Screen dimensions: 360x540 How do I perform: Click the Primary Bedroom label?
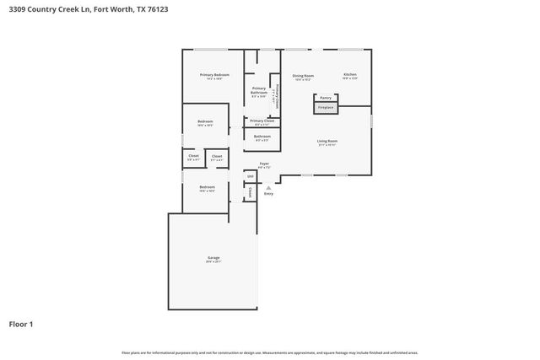(214, 76)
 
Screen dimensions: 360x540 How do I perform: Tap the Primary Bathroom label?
(259, 90)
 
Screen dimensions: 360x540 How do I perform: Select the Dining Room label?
(303, 76)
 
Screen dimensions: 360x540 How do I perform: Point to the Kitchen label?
(349, 75)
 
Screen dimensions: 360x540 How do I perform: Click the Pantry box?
(326, 98)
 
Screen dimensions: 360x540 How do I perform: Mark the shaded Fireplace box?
(326, 108)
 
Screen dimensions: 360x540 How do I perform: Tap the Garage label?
(213, 258)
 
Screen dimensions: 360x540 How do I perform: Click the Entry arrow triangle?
(269, 187)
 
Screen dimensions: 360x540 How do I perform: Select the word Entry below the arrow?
(268, 195)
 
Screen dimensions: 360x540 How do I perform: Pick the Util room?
(250, 176)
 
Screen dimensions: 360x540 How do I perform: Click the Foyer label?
(264, 164)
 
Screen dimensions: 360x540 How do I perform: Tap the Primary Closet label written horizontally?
(262, 121)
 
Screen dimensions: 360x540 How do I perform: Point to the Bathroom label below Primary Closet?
(262, 137)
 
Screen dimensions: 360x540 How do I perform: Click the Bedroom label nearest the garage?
(207, 187)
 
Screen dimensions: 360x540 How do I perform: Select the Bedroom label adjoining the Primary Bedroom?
(205, 122)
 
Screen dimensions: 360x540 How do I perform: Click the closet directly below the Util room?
(250, 192)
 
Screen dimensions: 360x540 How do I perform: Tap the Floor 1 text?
(22, 324)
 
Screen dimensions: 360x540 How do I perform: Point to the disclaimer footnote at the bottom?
(269, 352)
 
